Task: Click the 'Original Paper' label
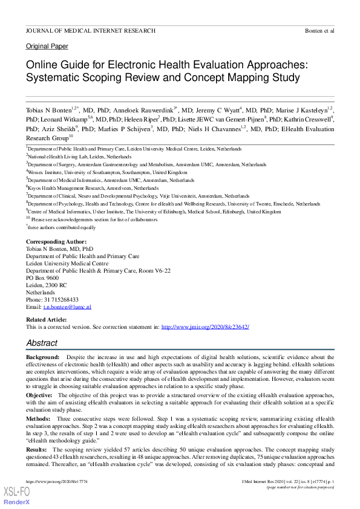(x=47, y=47)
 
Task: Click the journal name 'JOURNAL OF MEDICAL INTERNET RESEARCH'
(x=90, y=30)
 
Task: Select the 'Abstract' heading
(x=42, y=343)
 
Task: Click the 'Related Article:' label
(x=46, y=319)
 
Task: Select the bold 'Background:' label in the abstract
(x=42, y=358)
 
